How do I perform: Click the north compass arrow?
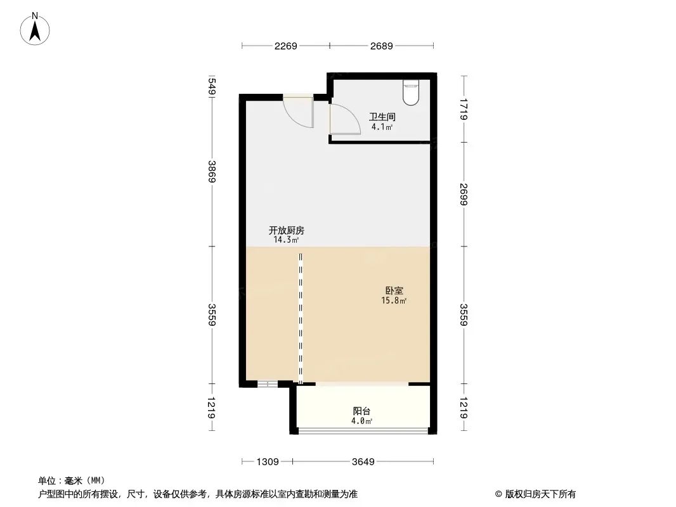(35, 32)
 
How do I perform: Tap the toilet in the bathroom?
(411, 93)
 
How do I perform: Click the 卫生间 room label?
(382, 117)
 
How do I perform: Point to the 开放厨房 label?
(286, 231)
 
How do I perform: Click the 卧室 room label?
(394, 291)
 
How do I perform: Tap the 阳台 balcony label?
(361, 411)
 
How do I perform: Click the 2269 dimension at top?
(286, 46)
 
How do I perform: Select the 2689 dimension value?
(382, 46)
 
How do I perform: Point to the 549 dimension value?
(212, 86)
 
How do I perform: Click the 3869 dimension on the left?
(212, 172)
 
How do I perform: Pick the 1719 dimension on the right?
(464, 110)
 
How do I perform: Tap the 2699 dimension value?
(464, 195)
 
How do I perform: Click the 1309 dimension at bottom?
(268, 462)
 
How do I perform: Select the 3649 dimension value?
(363, 462)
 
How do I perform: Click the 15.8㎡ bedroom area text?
(394, 300)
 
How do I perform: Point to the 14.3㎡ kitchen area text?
(286, 240)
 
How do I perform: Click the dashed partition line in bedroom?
(301, 318)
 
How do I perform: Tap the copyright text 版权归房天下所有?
(540, 494)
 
